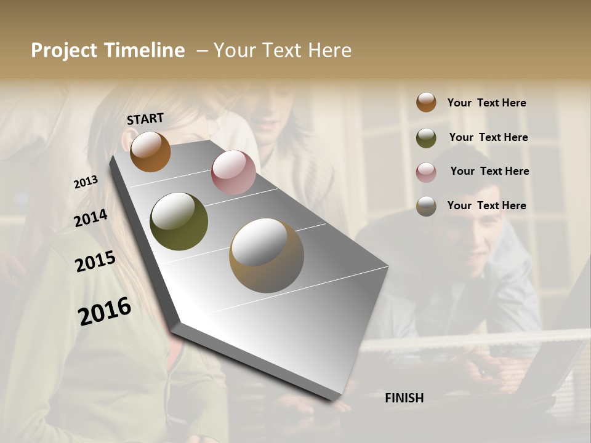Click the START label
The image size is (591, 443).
145,119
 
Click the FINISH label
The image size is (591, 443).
404,398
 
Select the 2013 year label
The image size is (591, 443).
86,182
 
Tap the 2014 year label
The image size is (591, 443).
90,218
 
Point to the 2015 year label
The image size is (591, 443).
95,262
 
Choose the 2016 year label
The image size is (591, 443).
105,311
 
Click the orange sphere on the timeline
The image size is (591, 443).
150,151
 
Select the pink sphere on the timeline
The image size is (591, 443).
233,172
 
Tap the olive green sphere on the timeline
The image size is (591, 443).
179,221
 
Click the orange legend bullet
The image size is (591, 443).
426,102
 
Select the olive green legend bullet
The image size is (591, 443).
426,138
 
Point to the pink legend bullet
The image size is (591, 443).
426,172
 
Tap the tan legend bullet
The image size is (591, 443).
426,206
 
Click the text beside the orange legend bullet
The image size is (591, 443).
486,103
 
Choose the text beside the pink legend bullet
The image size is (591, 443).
489,171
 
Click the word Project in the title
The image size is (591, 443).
64,50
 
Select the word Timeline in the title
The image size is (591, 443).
144,50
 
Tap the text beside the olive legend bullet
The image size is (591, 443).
488,137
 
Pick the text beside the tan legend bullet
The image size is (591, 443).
486,206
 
